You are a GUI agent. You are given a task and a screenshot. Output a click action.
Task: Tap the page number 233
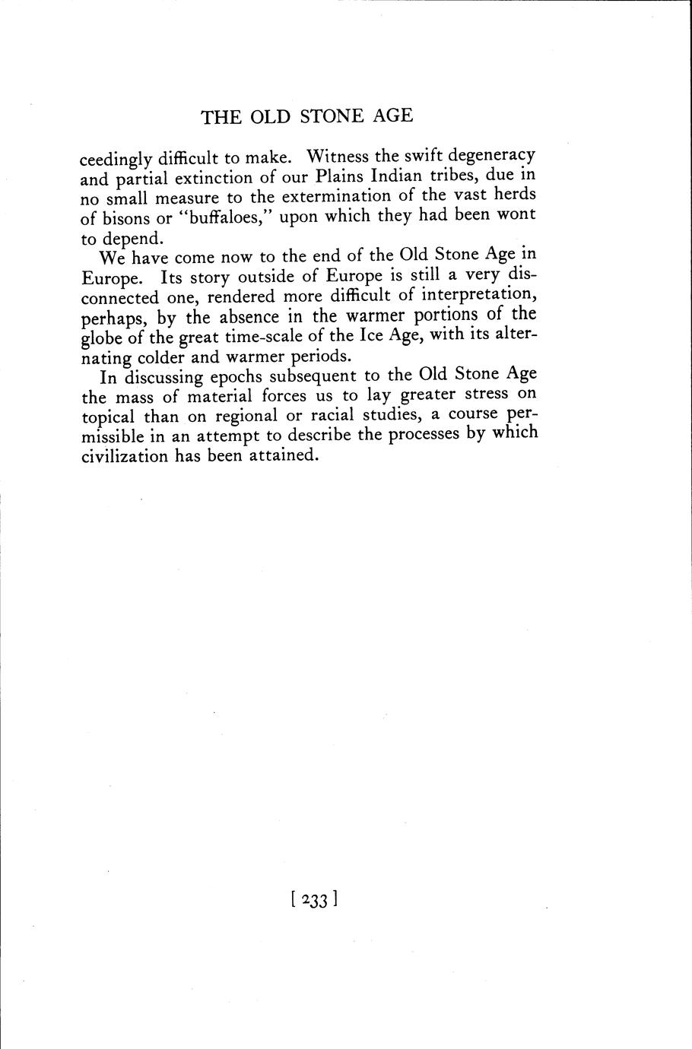click(314, 900)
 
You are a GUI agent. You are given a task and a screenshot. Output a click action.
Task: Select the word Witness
click(338, 157)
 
